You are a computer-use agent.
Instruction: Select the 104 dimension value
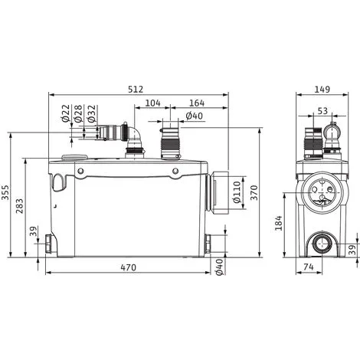[152, 102]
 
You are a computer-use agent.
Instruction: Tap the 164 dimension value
[198, 102]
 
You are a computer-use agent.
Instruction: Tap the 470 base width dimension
[128, 268]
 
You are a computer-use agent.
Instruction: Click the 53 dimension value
[322, 112]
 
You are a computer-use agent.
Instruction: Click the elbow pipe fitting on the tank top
[133, 142]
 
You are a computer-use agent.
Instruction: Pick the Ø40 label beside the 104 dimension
[194, 116]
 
